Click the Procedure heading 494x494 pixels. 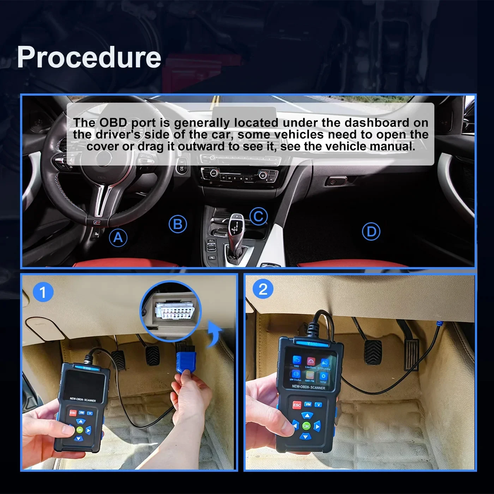(x=89, y=57)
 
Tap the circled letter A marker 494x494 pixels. (x=118, y=237)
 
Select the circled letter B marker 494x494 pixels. (x=177, y=224)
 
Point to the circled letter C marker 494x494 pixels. (x=259, y=216)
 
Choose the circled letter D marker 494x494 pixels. (x=371, y=231)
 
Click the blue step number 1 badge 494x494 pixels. (x=43, y=292)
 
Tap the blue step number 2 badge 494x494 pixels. (x=263, y=289)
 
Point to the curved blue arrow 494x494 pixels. (x=214, y=334)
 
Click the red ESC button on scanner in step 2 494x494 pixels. (x=297, y=405)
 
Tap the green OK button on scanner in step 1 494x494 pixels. (x=80, y=430)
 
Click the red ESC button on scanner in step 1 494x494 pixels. (x=73, y=412)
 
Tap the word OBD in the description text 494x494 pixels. (x=113, y=122)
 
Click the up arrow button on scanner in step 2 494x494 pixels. (x=307, y=415)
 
